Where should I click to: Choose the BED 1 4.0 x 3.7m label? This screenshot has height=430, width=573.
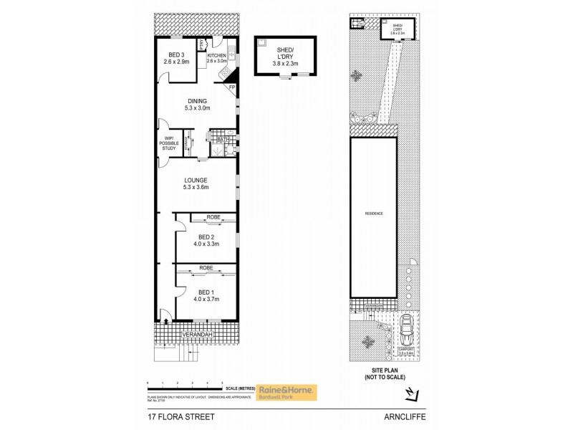tap(206, 295)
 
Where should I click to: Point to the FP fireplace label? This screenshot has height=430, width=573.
tap(231, 87)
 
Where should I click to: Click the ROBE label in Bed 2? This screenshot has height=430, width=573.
tap(213, 217)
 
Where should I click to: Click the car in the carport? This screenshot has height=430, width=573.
tap(407, 330)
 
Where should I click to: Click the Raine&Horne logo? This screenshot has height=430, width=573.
tap(291, 392)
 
